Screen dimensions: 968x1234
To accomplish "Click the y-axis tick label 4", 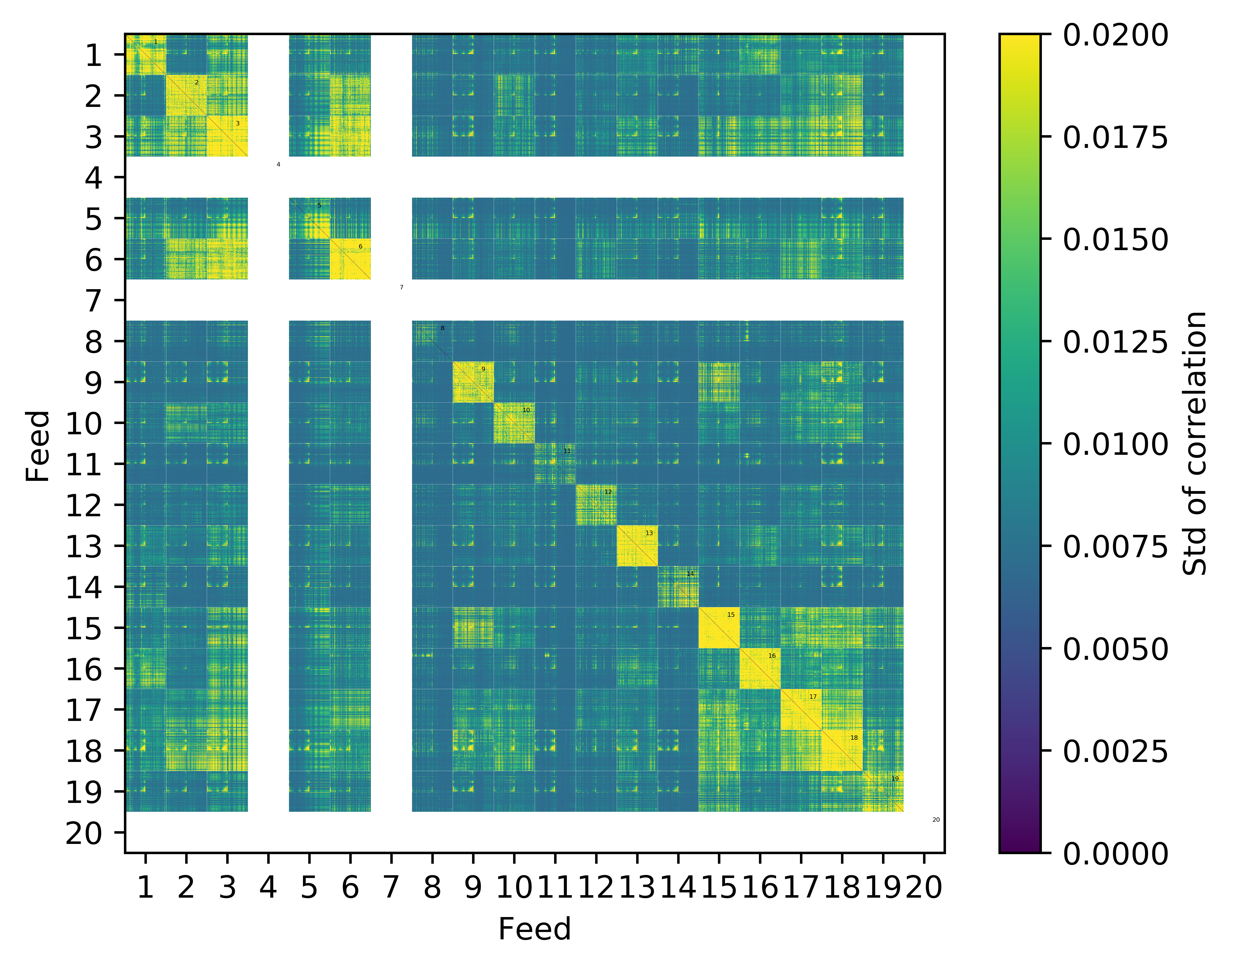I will [x=94, y=178].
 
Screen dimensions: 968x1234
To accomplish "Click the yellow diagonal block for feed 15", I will [x=719, y=627].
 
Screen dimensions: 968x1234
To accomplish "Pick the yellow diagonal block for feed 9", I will [x=473, y=382].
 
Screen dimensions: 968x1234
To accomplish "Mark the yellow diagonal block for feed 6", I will [x=350, y=259].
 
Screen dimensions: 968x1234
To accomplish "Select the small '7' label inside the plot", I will [x=402, y=287].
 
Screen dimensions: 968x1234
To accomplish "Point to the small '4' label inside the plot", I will [x=279, y=164].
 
